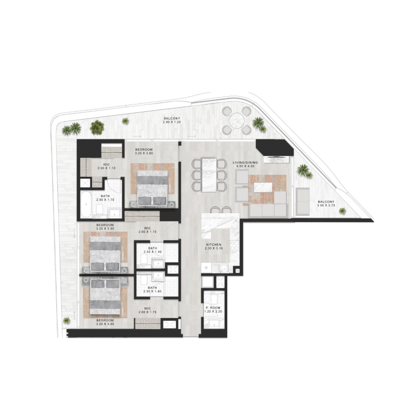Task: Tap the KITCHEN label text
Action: coord(214,244)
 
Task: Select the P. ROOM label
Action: coord(213,308)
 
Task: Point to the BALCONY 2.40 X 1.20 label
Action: coord(172,119)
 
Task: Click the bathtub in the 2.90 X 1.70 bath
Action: coord(87,206)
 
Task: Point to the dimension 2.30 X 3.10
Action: coord(214,249)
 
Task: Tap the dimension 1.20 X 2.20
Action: coord(213,313)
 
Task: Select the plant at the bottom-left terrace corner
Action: coord(66,320)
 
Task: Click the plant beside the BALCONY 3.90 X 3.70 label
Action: coord(343,211)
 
